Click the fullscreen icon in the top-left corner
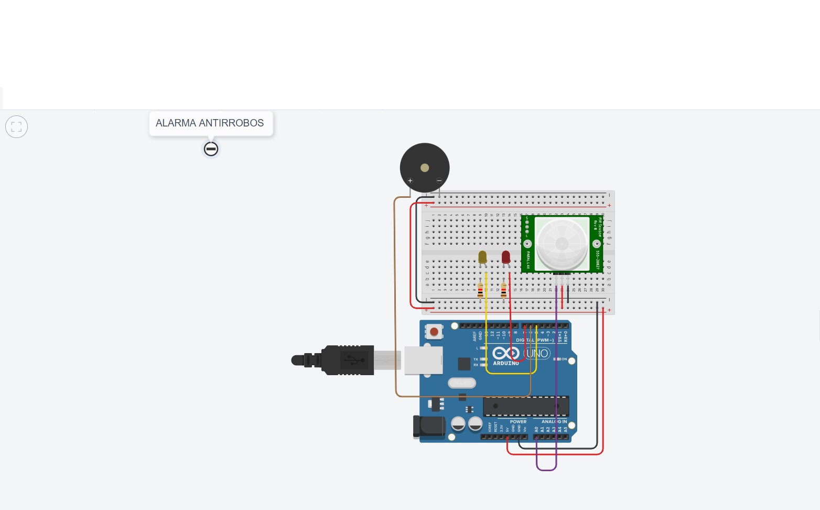click(16, 126)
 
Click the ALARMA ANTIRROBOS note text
click(210, 123)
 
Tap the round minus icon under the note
click(211, 149)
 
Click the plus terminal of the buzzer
click(410, 181)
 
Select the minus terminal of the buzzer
click(439, 181)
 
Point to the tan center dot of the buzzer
click(425, 168)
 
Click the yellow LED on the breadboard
click(482, 257)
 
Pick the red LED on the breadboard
click(505, 257)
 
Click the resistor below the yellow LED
click(480, 290)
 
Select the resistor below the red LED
click(504, 290)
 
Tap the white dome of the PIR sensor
click(562, 244)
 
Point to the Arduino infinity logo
click(506, 354)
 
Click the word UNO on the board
click(537, 354)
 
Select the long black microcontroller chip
click(526, 406)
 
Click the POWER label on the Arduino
click(518, 422)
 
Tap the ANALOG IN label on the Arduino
click(554, 422)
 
